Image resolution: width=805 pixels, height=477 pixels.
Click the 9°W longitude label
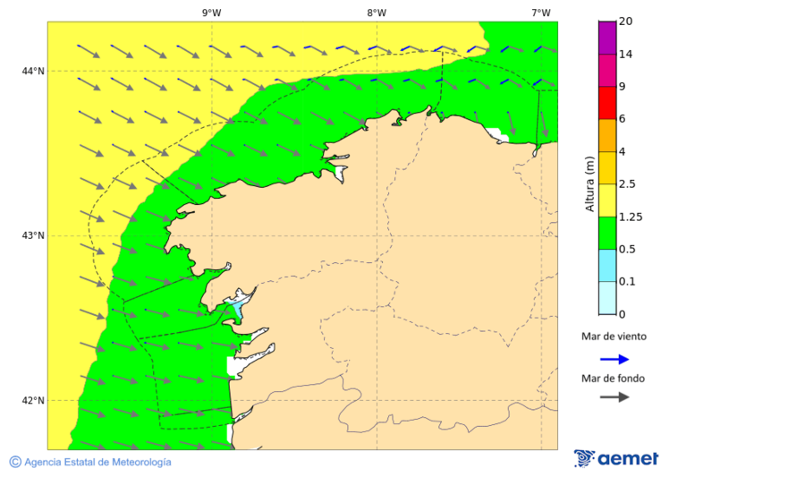pos(211,13)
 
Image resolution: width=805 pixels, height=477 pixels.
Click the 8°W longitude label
pos(376,13)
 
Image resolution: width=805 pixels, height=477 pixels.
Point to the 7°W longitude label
pos(540,13)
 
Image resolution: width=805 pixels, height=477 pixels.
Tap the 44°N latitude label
pos(33,71)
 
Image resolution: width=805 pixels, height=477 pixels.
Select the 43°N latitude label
pos(33,235)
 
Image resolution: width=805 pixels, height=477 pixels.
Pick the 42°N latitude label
pos(33,400)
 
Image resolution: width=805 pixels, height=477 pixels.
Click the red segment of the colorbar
pos(607,103)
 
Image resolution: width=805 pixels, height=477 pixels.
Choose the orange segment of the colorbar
pos(607,135)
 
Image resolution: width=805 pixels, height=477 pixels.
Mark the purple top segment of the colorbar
pos(607,38)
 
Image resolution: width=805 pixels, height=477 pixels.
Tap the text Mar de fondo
pos(613,378)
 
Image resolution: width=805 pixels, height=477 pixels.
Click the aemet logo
pos(616,458)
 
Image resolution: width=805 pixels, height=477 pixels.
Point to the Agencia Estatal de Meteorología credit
pos(90,462)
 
